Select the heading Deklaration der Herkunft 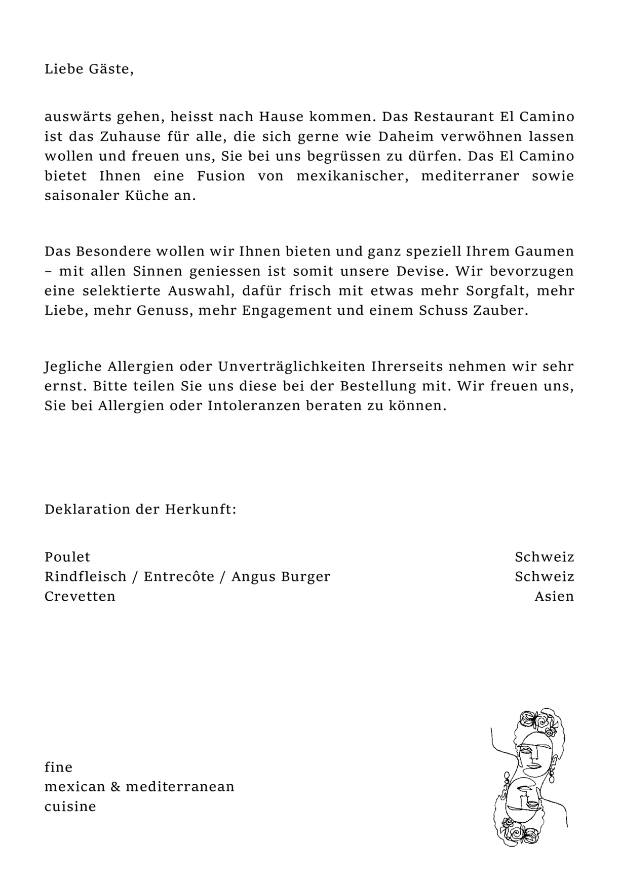pyautogui.click(x=140, y=509)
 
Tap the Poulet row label pyautogui.click(x=67, y=557)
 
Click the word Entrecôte pyautogui.click(x=179, y=577)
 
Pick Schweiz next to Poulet pyautogui.click(x=545, y=557)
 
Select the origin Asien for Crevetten pyautogui.click(x=554, y=597)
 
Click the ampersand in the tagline pyautogui.click(x=115, y=787)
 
